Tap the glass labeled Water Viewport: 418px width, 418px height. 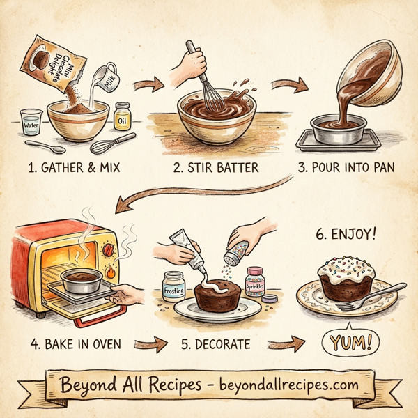point(31,122)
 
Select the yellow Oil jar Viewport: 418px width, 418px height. point(123,115)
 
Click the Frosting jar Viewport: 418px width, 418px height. point(173,286)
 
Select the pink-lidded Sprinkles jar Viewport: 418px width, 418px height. point(255,281)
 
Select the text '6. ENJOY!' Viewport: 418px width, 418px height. point(346,233)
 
